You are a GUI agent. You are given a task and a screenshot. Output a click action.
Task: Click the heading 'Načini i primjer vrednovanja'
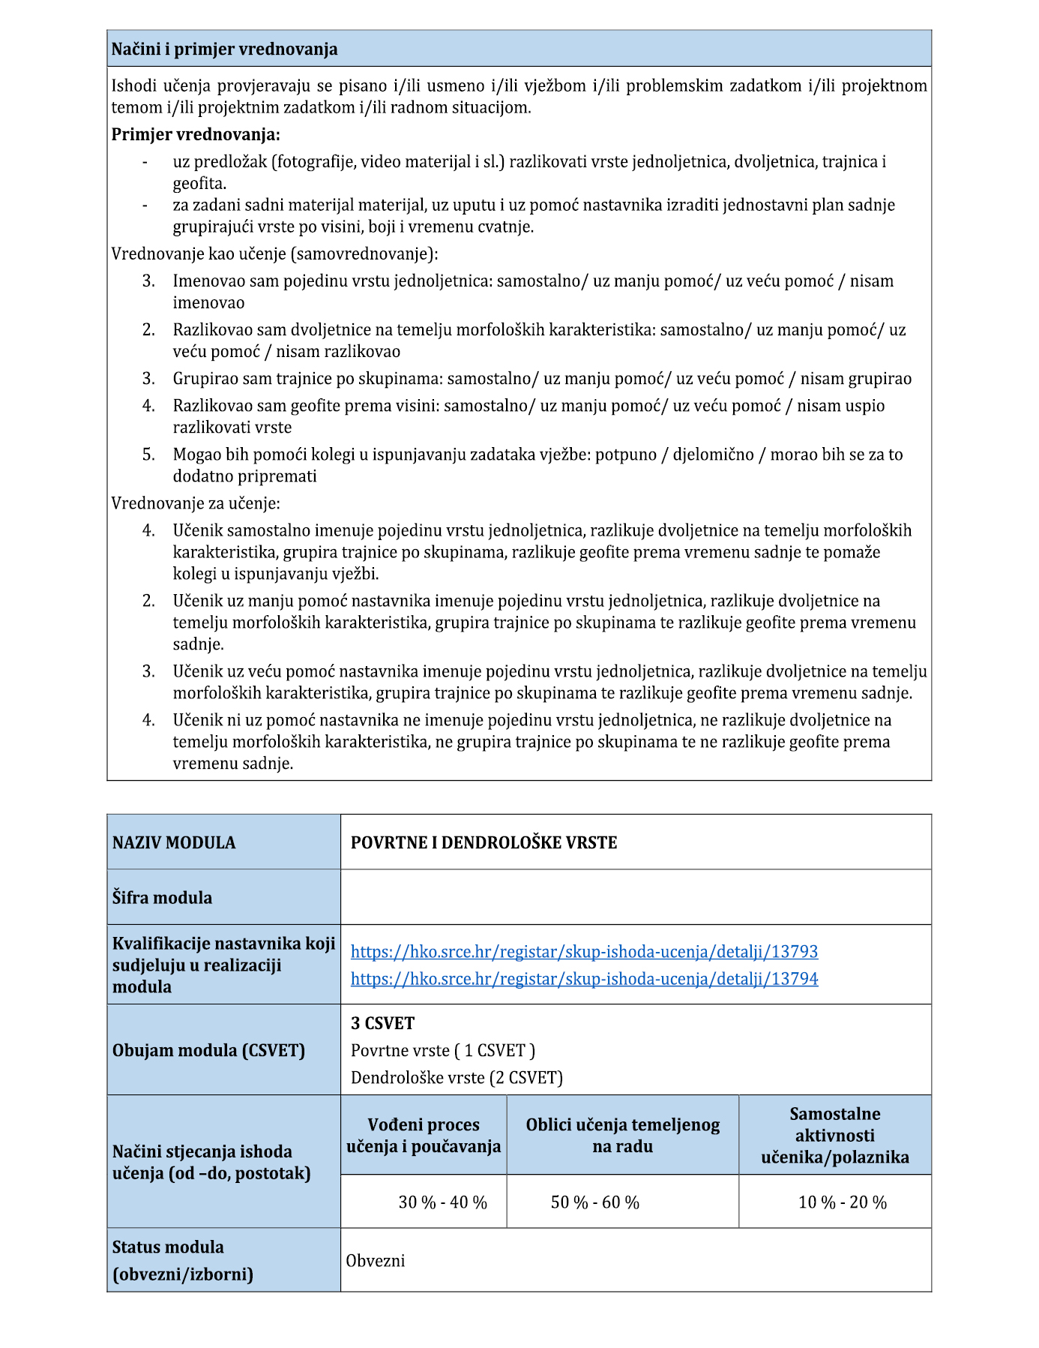tap(224, 50)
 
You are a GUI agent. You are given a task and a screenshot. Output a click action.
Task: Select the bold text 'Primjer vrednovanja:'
tap(196, 135)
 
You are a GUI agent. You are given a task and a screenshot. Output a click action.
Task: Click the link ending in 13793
tap(584, 952)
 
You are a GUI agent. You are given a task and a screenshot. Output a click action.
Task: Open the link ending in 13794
tap(584, 979)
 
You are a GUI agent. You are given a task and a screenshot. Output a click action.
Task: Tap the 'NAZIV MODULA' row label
tap(174, 843)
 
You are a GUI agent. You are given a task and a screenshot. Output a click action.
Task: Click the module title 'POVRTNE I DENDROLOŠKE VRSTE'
tap(484, 843)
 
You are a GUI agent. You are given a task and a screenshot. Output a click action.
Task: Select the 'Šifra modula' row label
tap(162, 898)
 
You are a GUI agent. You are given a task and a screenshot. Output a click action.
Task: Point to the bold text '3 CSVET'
tap(382, 1024)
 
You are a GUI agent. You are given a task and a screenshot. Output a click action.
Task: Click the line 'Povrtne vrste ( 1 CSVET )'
tap(442, 1051)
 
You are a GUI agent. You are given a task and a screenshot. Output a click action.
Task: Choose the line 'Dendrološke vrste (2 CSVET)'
tap(457, 1078)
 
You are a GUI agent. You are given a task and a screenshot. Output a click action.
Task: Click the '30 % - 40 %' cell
tap(442, 1202)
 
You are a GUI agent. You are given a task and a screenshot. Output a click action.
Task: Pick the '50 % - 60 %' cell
tap(595, 1202)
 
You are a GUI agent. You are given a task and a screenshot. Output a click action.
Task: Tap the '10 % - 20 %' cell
tap(842, 1202)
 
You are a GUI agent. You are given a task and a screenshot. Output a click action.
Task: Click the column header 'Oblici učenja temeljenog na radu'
tap(622, 1136)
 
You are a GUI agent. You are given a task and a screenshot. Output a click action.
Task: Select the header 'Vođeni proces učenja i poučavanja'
tap(424, 1136)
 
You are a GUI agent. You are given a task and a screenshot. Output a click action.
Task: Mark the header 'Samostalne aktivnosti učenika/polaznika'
tap(835, 1136)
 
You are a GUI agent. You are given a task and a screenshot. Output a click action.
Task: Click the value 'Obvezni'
tap(375, 1261)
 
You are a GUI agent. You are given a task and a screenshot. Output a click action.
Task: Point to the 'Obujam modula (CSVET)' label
tap(208, 1051)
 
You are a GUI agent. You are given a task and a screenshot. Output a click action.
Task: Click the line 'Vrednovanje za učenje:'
tap(196, 503)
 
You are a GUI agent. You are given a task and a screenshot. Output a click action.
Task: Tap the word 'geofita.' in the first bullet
tap(199, 184)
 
